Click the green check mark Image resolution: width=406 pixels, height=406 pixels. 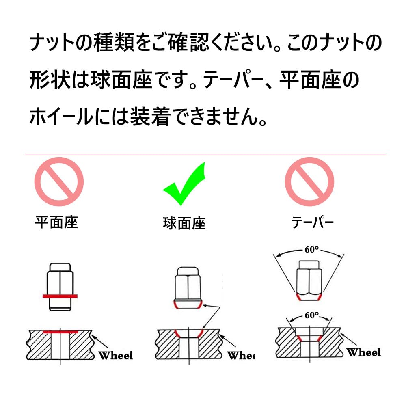tap(184, 185)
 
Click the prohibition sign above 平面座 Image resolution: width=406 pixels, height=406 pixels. tap(58, 182)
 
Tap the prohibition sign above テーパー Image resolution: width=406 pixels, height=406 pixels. tap(309, 182)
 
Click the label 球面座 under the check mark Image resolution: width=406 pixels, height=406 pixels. tap(184, 223)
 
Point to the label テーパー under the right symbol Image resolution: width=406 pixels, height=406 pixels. tap(313, 222)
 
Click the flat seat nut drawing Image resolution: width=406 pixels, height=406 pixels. tap(60, 286)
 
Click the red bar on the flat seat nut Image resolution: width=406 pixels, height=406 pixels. tap(60, 296)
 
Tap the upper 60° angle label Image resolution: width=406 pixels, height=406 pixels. tap(311, 250)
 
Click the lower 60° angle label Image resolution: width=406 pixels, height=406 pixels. tap(311, 315)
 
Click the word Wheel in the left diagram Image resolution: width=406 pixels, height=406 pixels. tap(116, 356)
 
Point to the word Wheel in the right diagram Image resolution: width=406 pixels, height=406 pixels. tap(364, 352)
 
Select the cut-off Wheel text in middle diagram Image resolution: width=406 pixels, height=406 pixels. tap(241, 356)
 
